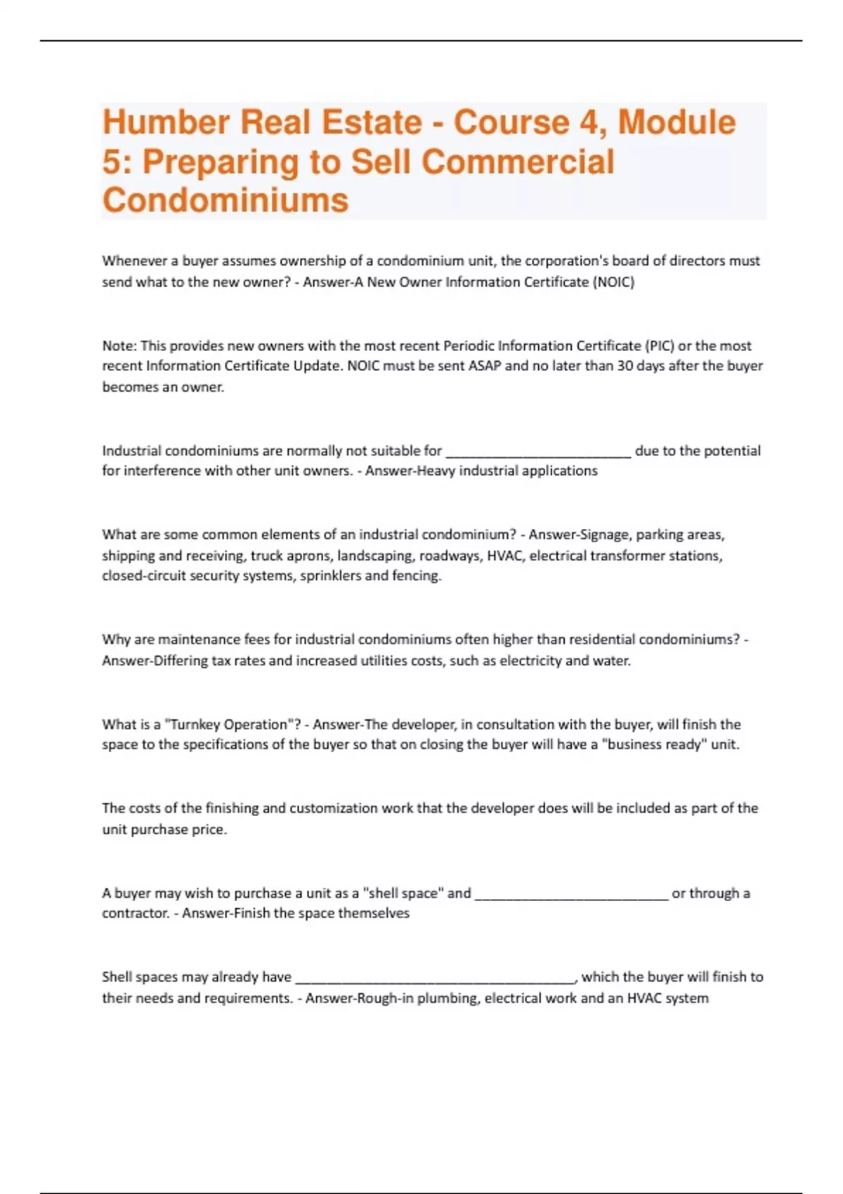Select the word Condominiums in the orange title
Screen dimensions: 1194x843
pyautogui.click(x=226, y=200)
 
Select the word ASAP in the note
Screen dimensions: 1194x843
pyautogui.click(x=485, y=366)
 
